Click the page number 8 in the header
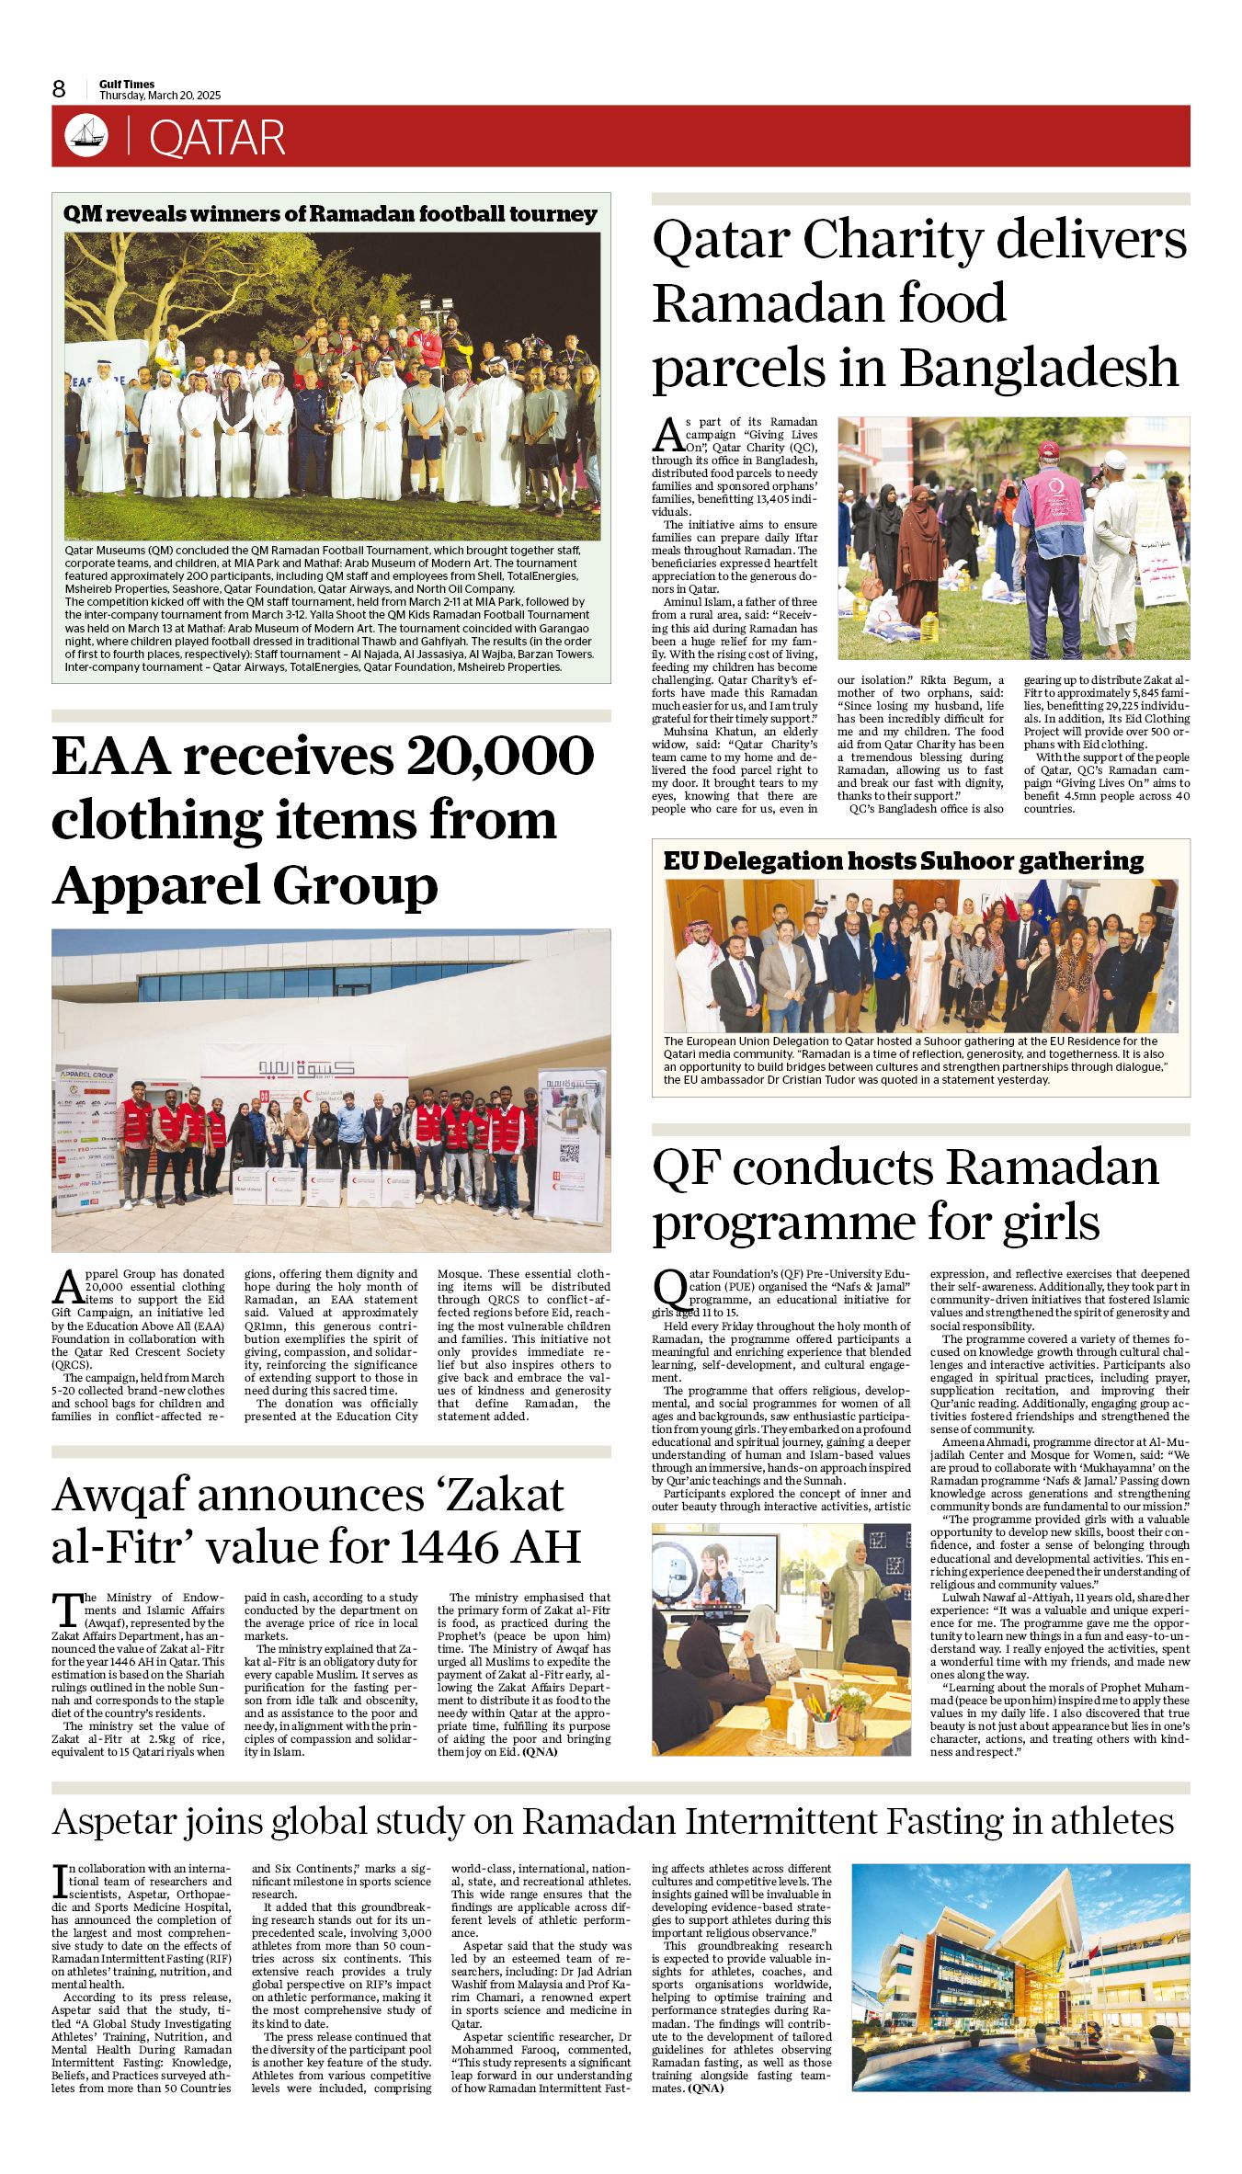coord(59,88)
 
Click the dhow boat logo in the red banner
coord(86,136)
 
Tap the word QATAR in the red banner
coord(217,138)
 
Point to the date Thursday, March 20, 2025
coord(160,96)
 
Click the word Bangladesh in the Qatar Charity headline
coord(1039,367)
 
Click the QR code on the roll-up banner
coord(569,1154)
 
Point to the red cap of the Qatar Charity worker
coord(1048,450)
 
